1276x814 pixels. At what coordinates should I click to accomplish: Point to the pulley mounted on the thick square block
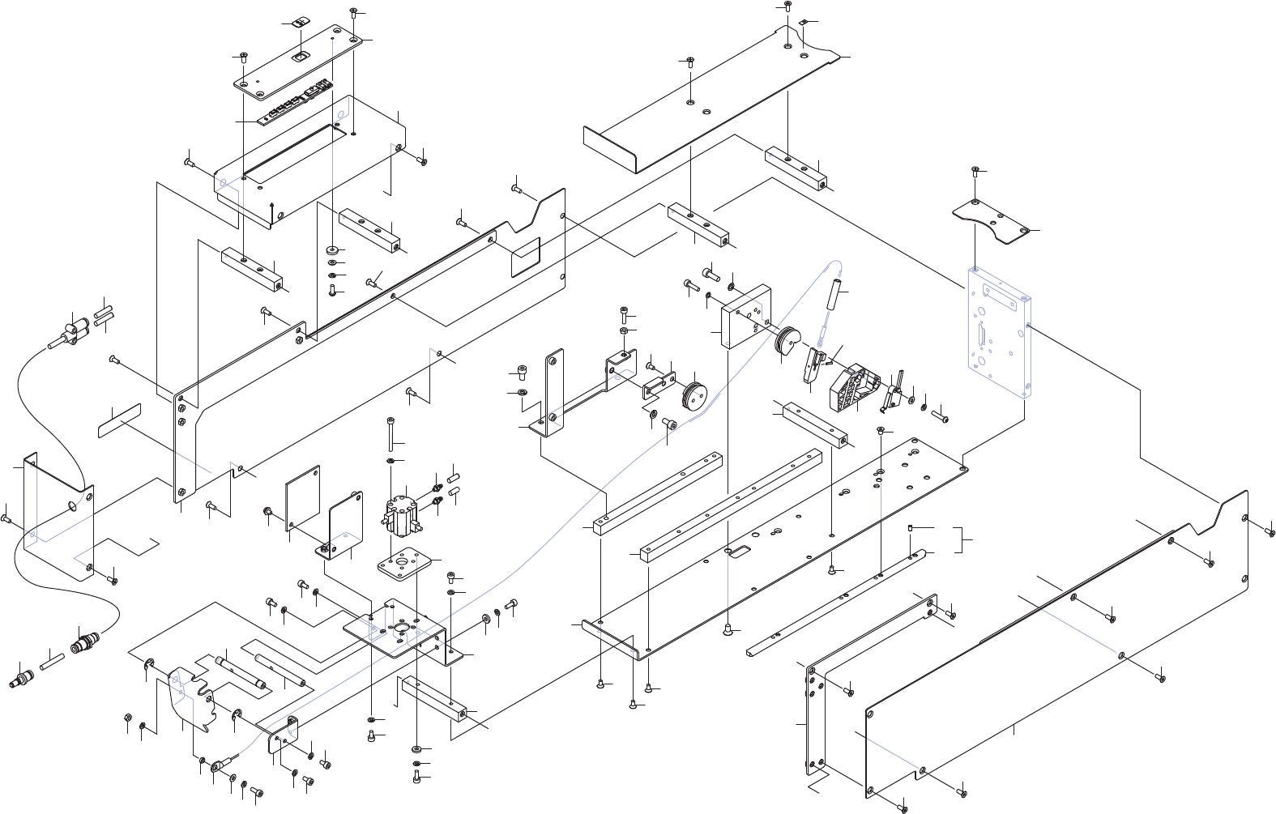point(787,341)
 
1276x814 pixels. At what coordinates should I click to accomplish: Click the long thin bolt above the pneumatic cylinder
point(390,433)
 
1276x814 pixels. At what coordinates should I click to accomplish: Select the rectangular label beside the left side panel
point(120,420)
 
